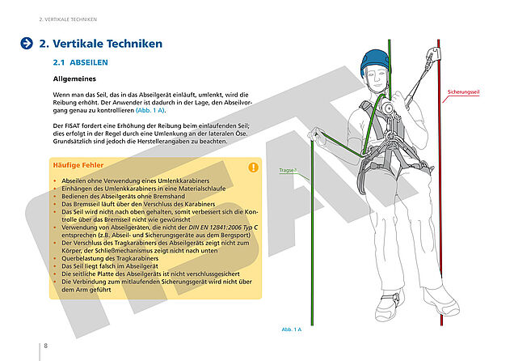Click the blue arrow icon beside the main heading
coord(27,44)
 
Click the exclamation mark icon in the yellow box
coord(253,168)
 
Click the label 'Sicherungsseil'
coord(463,93)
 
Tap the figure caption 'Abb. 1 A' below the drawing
coord(291,329)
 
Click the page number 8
coord(45,346)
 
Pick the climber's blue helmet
coord(374,60)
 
